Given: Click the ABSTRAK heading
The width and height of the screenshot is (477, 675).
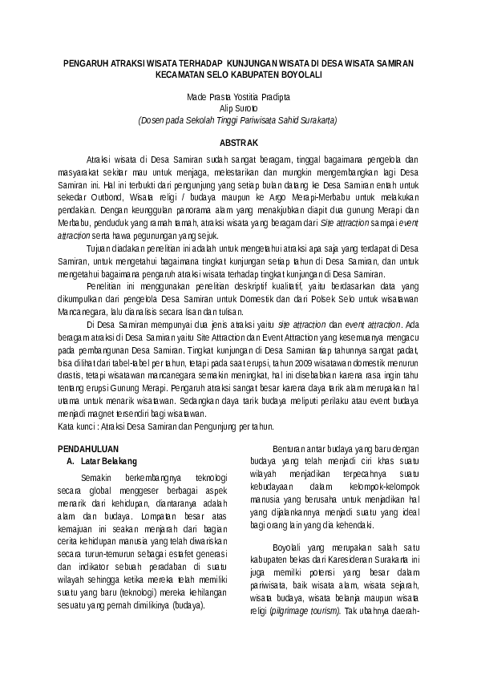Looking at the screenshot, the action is click(x=238, y=141).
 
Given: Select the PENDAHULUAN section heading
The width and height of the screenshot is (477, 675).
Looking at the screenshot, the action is click(x=91, y=450).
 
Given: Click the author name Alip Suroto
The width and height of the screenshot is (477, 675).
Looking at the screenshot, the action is click(x=238, y=107).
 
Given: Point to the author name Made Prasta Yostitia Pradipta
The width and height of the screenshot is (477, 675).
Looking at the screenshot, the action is click(x=238, y=96).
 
